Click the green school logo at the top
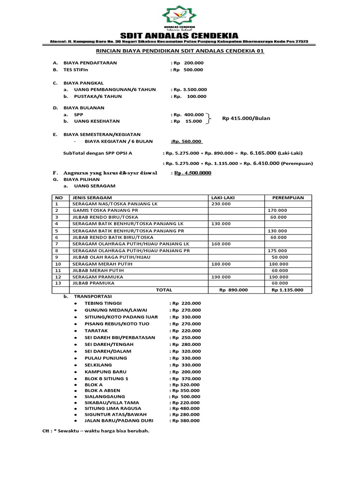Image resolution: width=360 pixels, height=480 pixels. click(x=180, y=17)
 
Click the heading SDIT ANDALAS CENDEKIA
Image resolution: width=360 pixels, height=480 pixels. click(x=180, y=36)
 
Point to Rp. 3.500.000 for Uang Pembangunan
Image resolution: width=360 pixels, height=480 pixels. click(x=189, y=89)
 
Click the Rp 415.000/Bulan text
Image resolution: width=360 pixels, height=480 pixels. click(x=246, y=118)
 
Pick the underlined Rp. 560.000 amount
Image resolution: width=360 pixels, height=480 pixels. click(x=187, y=141)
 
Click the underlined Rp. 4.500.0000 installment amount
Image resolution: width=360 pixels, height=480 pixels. click(x=192, y=172)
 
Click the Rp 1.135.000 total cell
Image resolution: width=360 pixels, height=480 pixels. click(x=287, y=290)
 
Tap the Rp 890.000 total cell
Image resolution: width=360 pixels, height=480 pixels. click(x=233, y=290)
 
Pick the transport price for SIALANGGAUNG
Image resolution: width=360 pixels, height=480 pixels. click(x=186, y=396)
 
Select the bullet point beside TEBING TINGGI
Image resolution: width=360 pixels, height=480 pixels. click(x=76, y=303)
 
